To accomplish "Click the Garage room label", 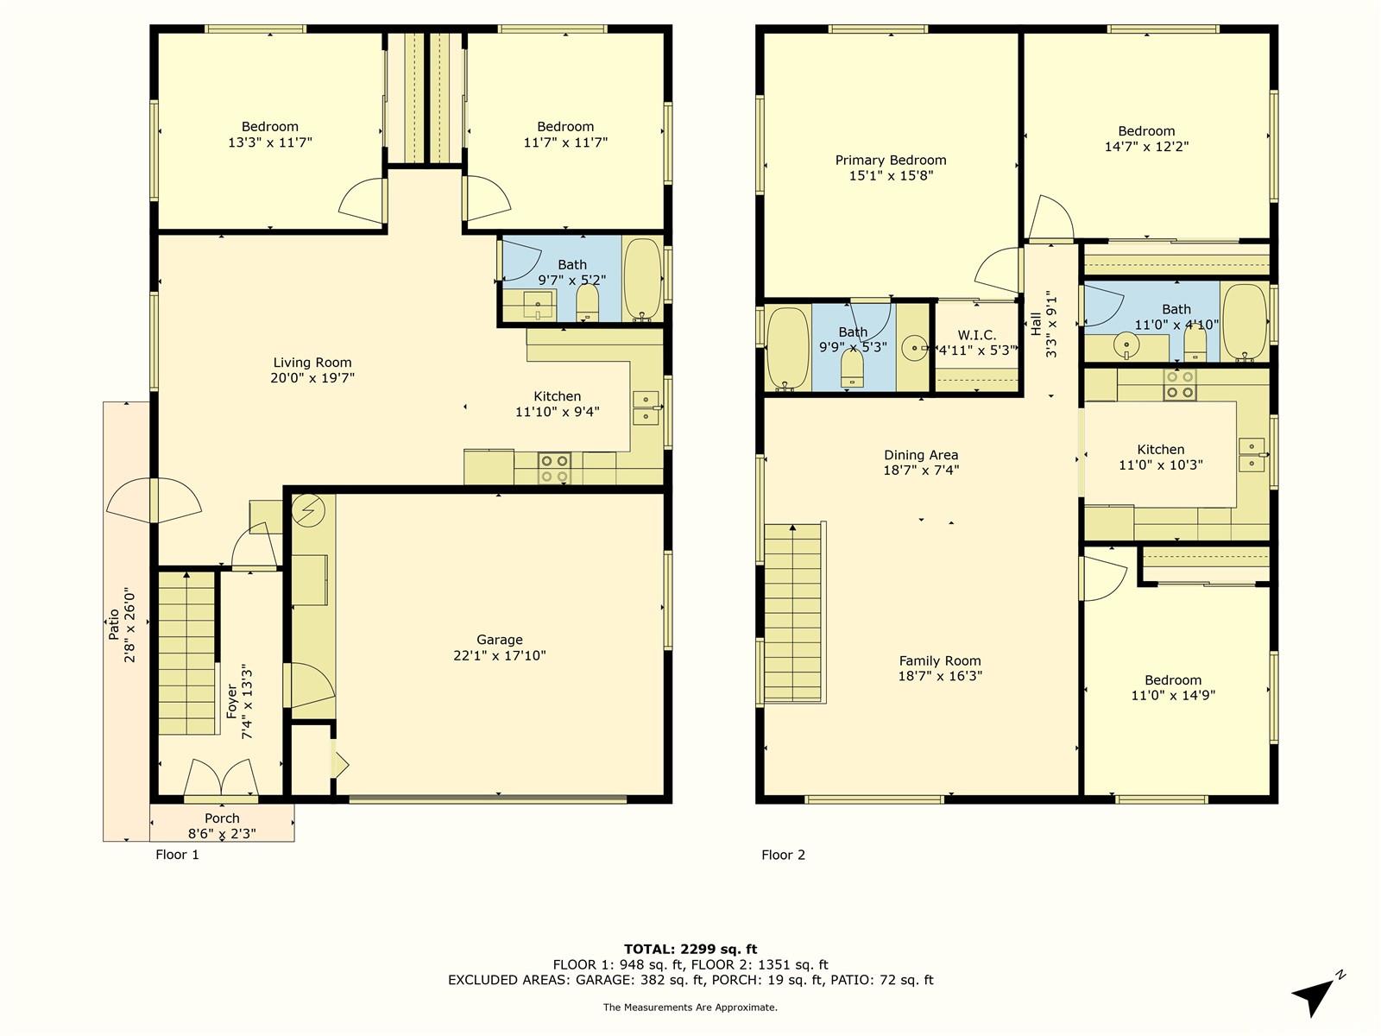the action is tap(500, 640).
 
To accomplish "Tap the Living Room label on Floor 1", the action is tap(312, 363).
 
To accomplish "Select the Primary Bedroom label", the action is tap(890, 161).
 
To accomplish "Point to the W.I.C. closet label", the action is tap(976, 335).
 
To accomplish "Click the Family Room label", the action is tap(939, 660).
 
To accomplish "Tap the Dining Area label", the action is tap(921, 455).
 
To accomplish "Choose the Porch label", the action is tap(222, 818).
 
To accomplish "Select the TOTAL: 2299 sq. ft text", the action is tap(690, 949).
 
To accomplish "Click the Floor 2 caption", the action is tap(784, 855).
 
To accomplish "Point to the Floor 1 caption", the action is tap(178, 854).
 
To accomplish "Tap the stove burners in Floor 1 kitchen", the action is tap(554, 469).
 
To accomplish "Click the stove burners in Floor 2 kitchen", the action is tap(1180, 385).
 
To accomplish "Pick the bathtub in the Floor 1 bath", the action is tap(642, 279).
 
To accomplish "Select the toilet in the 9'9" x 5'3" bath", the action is tap(852, 369).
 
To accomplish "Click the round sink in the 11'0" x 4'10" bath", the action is tap(1126, 344).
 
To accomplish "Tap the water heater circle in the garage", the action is tap(308, 510).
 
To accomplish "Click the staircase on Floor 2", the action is tap(793, 612).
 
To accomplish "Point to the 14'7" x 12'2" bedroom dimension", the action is tap(1146, 147).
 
